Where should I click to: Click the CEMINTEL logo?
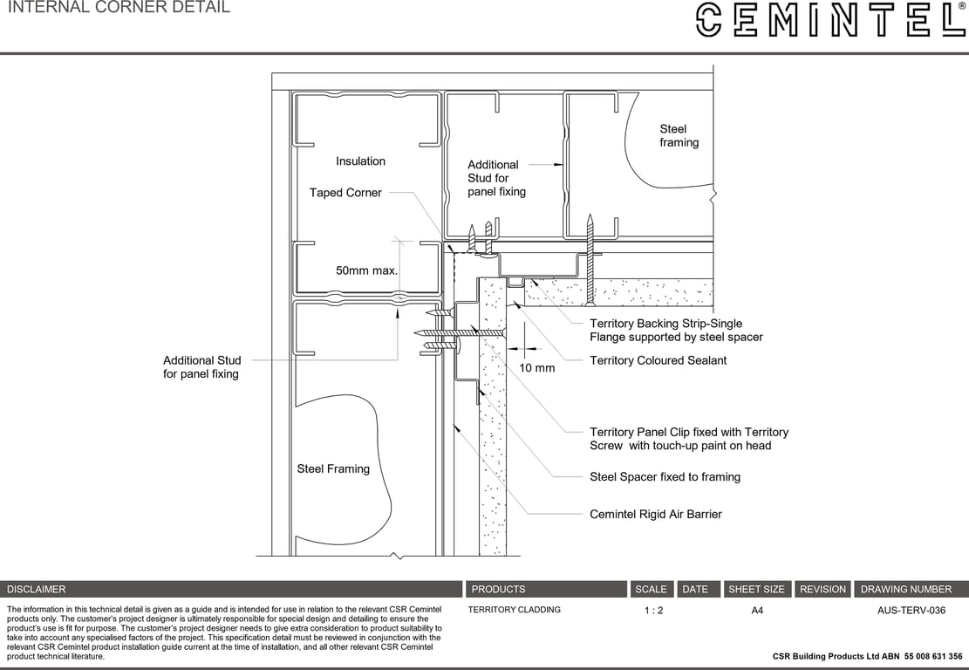click(830, 19)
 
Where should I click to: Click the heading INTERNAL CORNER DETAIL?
click(119, 8)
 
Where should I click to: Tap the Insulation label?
click(360, 161)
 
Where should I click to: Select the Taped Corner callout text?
click(345, 193)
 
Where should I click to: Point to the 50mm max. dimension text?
click(366, 270)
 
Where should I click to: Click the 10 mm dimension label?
click(537, 368)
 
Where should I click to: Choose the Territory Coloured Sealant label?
click(658, 360)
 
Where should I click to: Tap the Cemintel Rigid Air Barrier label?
click(656, 514)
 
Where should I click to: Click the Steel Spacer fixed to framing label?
click(665, 476)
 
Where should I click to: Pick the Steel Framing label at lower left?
click(333, 468)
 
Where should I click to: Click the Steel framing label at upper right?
click(679, 136)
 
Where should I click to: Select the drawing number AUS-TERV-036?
click(911, 611)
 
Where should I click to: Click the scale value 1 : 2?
click(653, 611)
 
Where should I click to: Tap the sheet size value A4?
click(757, 611)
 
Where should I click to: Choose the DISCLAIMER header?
click(37, 589)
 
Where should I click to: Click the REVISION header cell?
click(822, 589)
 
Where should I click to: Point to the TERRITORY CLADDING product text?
click(515, 610)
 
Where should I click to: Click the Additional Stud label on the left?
click(201, 367)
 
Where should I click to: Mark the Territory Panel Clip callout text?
click(688, 439)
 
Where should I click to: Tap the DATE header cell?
click(695, 589)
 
